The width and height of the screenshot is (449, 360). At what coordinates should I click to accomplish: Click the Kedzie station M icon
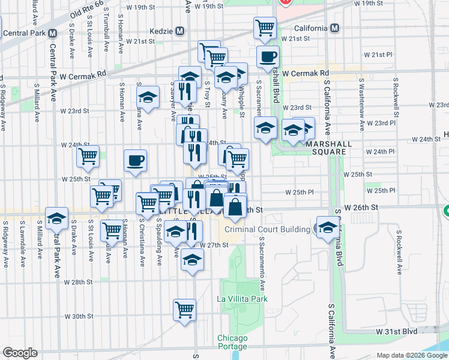(x=180, y=31)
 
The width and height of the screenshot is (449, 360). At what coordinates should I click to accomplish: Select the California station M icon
(x=334, y=28)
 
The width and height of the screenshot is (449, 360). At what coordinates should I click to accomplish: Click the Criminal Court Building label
(x=267, y=229)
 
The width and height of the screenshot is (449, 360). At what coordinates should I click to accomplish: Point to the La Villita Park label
(x=242, y=299)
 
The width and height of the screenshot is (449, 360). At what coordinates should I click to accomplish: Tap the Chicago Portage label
(x=232, y=342)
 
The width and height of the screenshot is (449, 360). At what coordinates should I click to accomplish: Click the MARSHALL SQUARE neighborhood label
(x=326, y=148)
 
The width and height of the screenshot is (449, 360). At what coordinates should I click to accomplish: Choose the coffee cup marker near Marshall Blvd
(x=268, y=57)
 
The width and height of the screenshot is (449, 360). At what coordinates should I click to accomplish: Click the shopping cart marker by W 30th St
(x=185, y=310)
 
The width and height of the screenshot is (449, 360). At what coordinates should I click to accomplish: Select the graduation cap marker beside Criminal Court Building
(x=328, y=227)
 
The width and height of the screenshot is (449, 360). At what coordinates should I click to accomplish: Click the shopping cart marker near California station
(x=265, y=28)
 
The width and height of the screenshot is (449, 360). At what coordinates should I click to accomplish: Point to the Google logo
(x=20, y=353)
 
